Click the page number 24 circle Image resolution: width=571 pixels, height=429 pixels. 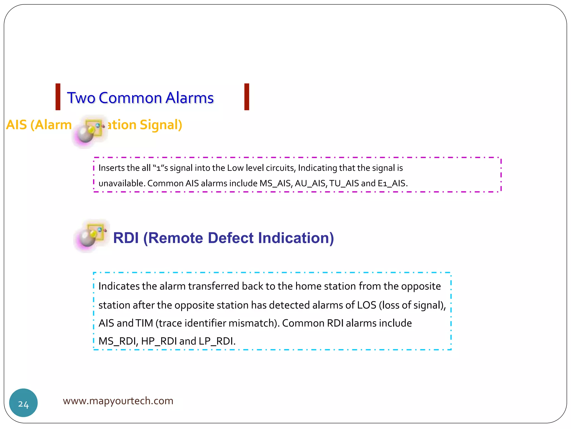point(23,403)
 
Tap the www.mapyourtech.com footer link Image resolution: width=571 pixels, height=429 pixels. point(118,401)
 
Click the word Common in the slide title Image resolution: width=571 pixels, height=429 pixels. point(130,98)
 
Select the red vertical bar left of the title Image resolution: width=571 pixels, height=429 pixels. point(58,97)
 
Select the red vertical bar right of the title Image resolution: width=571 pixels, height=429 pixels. point(246,97)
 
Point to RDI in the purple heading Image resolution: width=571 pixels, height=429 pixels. point(126,238)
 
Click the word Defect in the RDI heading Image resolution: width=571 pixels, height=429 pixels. point(231,238)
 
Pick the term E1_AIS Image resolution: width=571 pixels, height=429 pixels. point(392,183)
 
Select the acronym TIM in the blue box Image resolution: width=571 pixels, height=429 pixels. point(144,323)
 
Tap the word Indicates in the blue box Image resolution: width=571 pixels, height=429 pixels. point(119,286)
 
